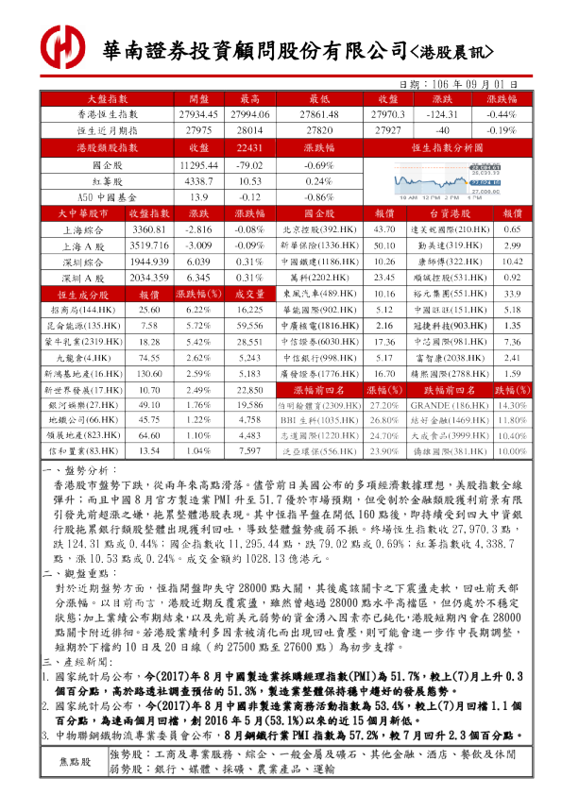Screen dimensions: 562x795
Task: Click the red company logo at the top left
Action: point(62,44)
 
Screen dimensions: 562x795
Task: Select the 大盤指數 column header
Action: point(107,97)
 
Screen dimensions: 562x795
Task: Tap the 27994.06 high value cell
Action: point(249,113)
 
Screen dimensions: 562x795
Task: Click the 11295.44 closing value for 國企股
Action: point(198,164)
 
